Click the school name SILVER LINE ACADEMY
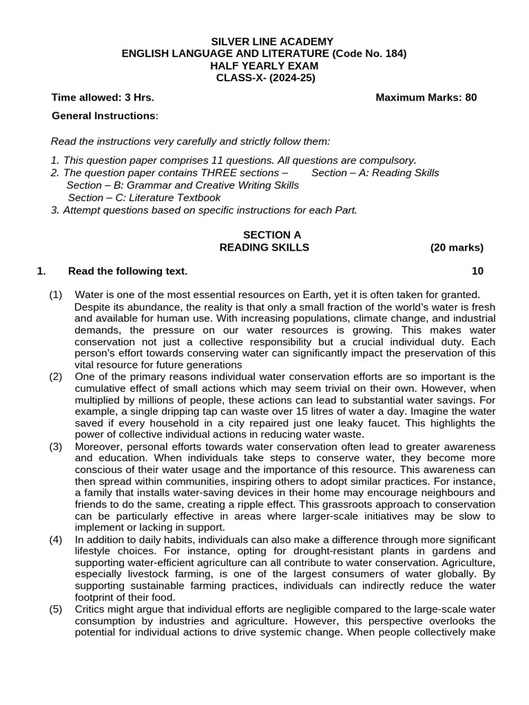(x=264, y=41)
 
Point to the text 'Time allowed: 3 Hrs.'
(x=103, y=97)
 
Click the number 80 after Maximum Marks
(x=470, y=97)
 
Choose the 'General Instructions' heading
(x=104, y=116)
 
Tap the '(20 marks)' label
(x=457, y=247)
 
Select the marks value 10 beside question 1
(x=477, y=271)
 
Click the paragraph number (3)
(x=56, y=447)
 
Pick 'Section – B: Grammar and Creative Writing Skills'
(x=183, y=185)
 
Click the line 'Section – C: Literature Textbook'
(x=144, y=198)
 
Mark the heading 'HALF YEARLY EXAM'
(x=264, y=65)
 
